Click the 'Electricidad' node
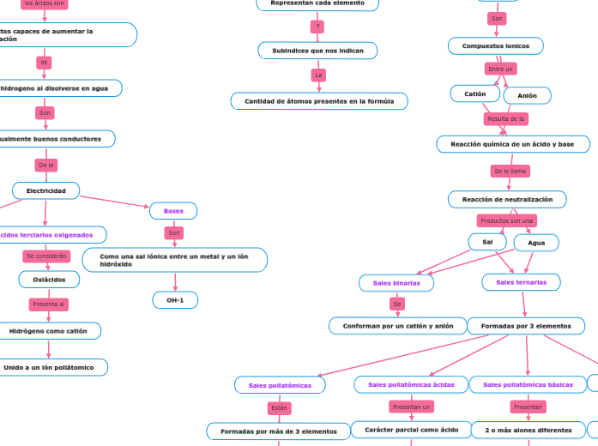tap(45, 190)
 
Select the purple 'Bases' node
tap(173, 211)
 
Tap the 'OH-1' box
tap(175, 300)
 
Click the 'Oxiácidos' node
tap(49, 280)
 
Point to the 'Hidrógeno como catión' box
tap(49, 331)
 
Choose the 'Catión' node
tap(475, 93)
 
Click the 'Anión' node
tap(527, 95)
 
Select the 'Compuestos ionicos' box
tap(495, 45)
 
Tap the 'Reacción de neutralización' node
tap(507, 199)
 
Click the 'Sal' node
tap(487, 242)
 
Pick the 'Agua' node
tap(536, 243)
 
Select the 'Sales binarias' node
tap(396, 282)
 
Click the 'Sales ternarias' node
tap(522, 281)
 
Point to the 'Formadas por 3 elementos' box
tap(526, 326)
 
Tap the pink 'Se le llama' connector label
tap(510, 172)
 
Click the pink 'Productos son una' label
tap(507, 220)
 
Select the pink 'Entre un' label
tap(500, 69)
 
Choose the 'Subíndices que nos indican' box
tap(318, 51)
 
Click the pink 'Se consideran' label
tap(46, 256)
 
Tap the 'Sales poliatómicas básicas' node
tap(528, 384)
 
